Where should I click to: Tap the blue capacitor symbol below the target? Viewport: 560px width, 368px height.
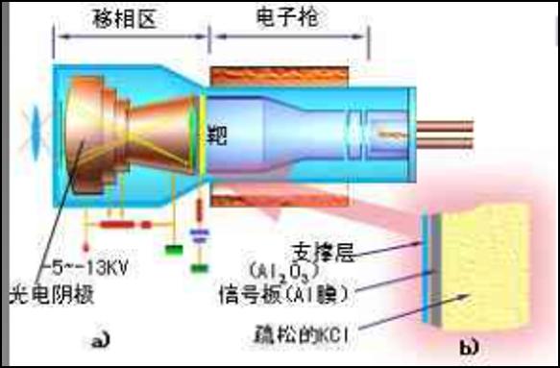click(x=200, y=233)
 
